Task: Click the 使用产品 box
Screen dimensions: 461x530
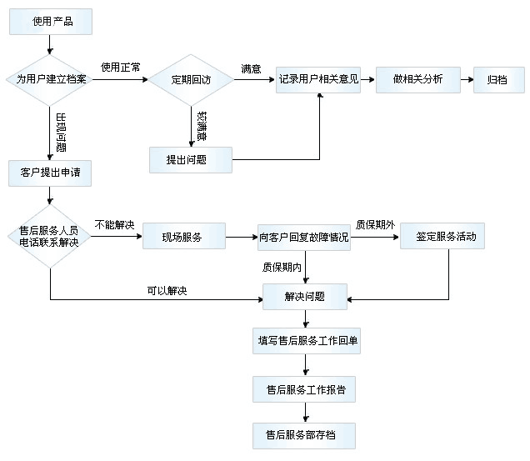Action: pos(51,22)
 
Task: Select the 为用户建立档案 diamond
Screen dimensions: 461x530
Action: pos(51,79)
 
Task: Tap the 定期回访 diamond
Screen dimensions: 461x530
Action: pos(191,80)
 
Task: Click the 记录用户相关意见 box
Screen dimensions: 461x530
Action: pos(318,79)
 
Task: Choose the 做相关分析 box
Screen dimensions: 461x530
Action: pos(417,79)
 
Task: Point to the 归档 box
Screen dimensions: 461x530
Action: pos(498,80)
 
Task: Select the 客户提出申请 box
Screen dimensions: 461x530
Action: pos(51,173)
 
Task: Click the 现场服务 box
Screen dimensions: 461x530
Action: pos(182,236)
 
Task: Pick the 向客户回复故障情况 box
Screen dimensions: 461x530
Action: pos(303,237)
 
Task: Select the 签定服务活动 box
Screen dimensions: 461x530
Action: pos(442,236)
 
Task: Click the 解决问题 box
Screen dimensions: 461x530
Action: pos(304,296)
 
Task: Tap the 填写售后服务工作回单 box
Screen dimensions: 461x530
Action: pos(307,341)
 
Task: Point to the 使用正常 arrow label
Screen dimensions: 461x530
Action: pos(120,68)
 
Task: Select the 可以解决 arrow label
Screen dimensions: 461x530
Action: pos(167,290)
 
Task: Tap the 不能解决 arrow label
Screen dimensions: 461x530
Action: pos(114,224)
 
